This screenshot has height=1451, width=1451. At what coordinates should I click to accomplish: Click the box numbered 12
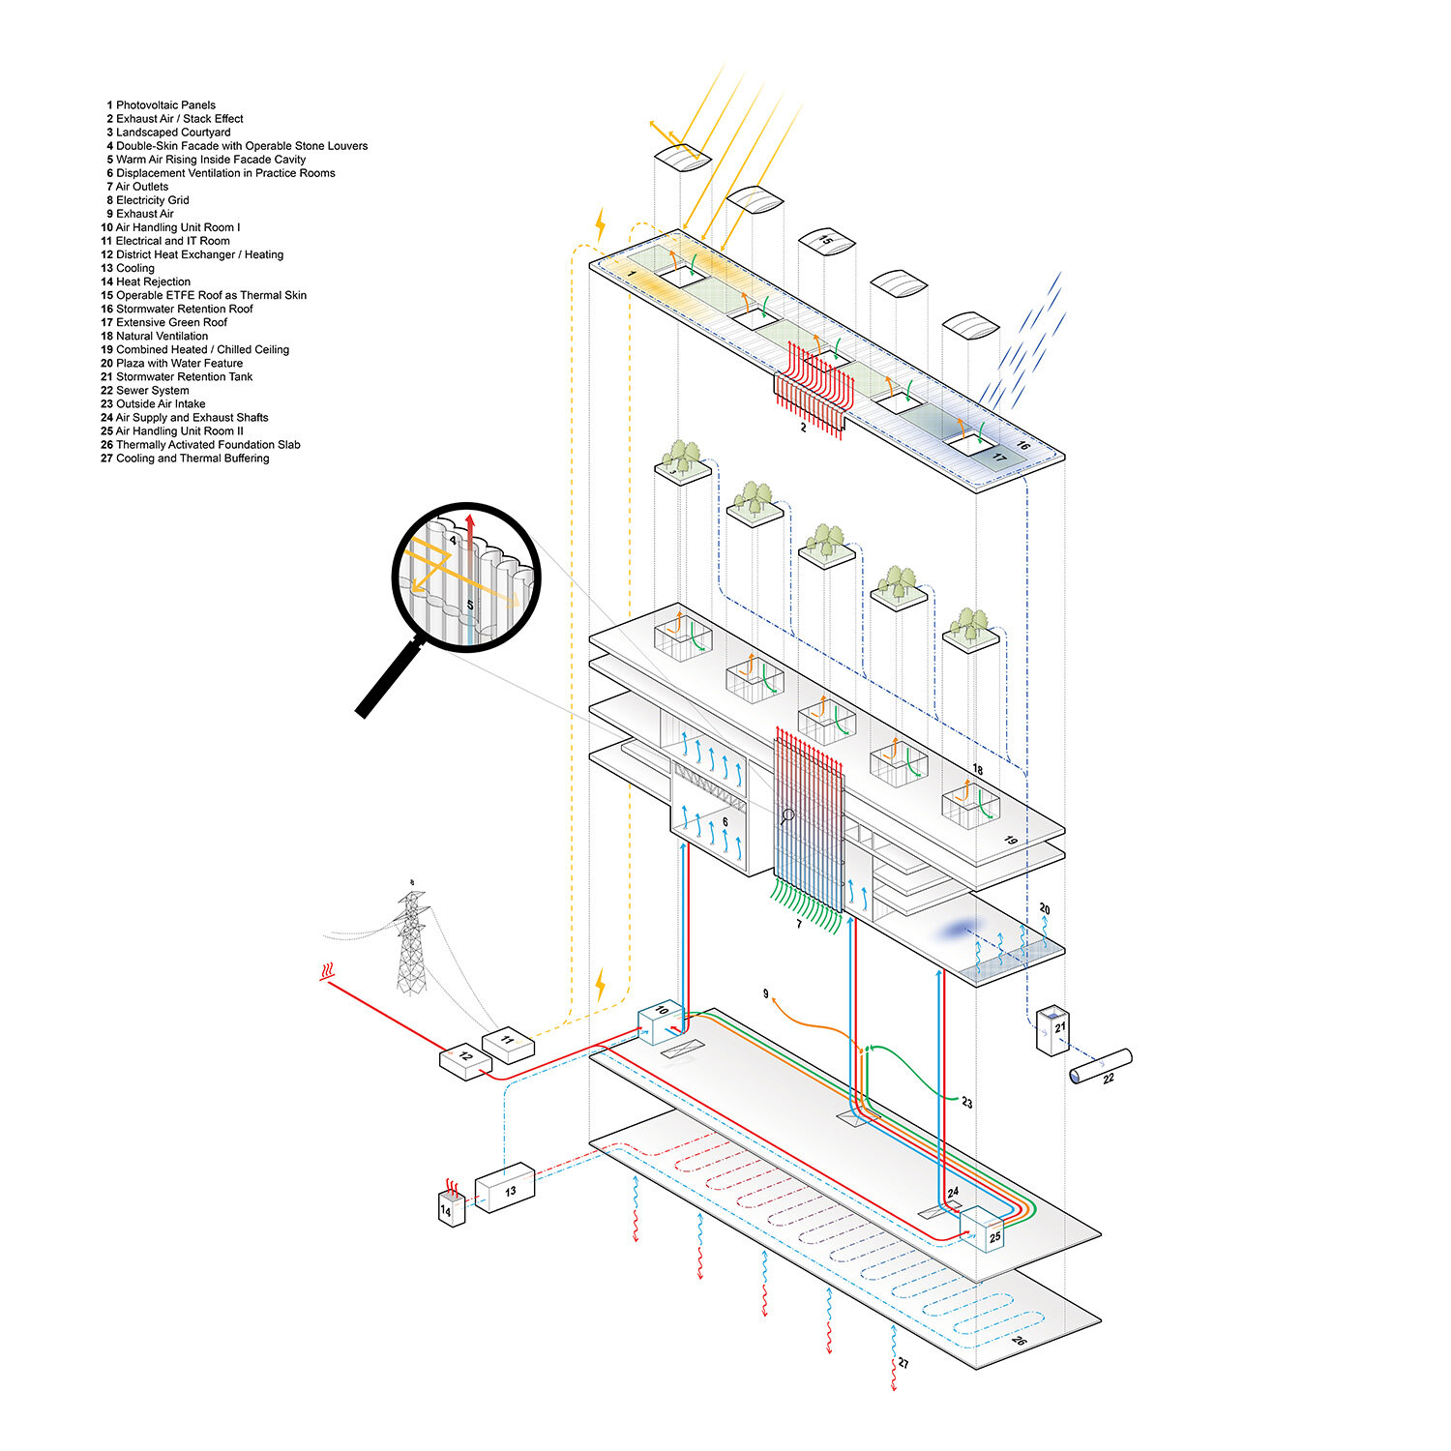pyautogui.click(x=466, y=1061)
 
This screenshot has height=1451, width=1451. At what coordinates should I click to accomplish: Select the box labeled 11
pyautogui.click(x=508, y=1045)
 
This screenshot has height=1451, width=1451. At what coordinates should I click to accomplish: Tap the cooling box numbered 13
pyautogui.click(x=505, y=1189)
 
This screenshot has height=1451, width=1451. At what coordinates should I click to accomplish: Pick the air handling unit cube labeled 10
pyautogui.click(x=661, y=1023)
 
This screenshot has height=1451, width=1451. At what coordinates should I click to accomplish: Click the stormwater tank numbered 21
pyautogui.click(x=1052, y=1031)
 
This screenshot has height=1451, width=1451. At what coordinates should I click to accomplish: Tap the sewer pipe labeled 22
pyautogui.click(x=1101, y=1067)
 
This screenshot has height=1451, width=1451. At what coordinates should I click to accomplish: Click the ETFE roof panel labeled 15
pyautogui.click(x=826, y=242)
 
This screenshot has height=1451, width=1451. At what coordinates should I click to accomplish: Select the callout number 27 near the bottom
pyautogui.click(x=903, y=1363)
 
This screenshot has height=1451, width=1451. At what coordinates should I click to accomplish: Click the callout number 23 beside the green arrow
pyautogui.click(x=966, y=1103)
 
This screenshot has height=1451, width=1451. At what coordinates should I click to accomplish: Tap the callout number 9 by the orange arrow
pyautogui.click(x=766, y=994)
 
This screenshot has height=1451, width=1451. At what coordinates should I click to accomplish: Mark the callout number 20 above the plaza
pyautogui.click(x=1045, y=909)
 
